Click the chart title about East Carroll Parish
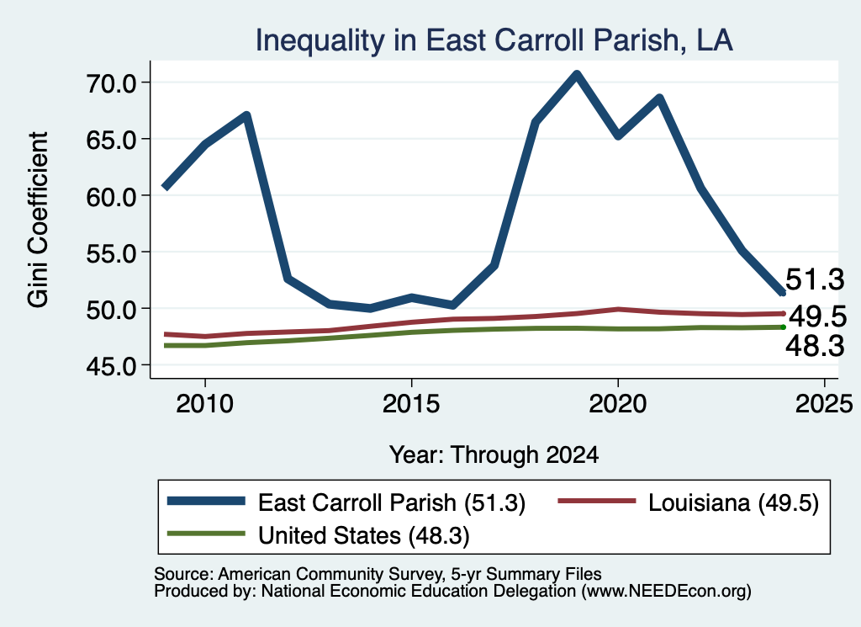tap(494, 40)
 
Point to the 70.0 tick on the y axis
tap(111, 83)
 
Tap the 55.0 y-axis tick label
tap(111, 253)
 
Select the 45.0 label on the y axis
tap(111, 366)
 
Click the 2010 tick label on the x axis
tap(205, 405)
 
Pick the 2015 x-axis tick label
tap(411, 405)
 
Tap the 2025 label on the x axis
tap(824, 405)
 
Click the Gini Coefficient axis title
tap(39, 220)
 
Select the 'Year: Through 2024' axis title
tap(494, 455)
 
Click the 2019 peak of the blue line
tap(577, 74)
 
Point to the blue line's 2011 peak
tap(246, 116)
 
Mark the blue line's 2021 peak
tap(659, 98)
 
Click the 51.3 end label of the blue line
tap(815, 279)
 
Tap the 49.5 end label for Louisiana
tap(818, 316)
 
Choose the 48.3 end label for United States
tap(815, 346)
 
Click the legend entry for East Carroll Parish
tap(392, 502)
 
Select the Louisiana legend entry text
tap(733, 502)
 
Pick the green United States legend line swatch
tap(206, 534)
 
